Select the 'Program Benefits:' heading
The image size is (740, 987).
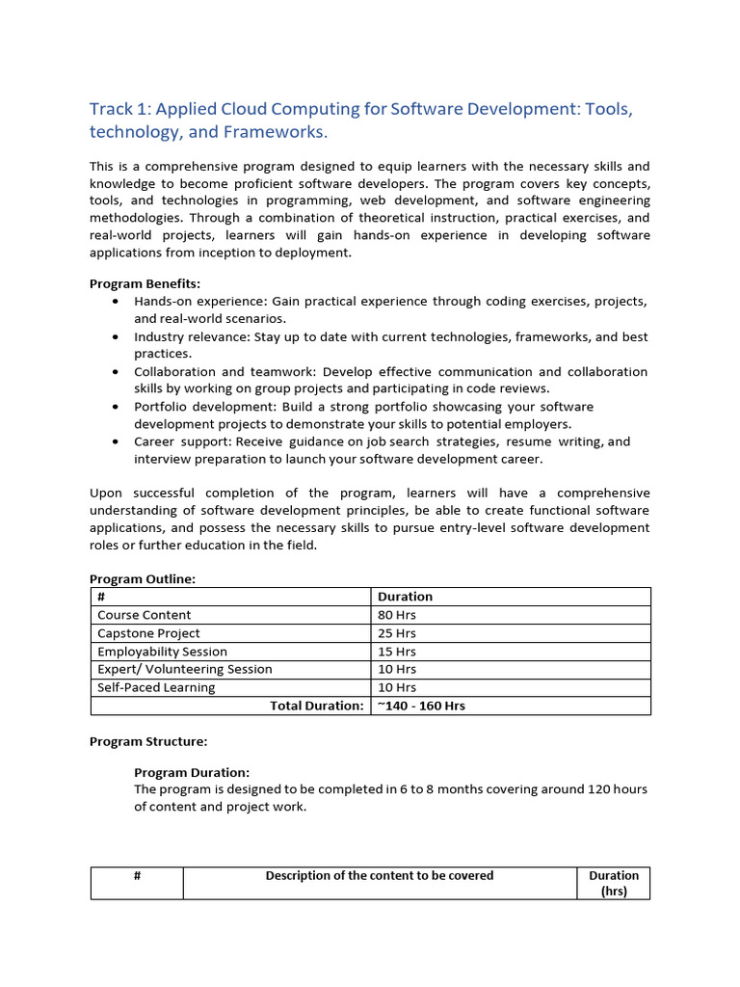coord(145,283)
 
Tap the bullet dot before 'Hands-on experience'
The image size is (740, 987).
coord(116,302)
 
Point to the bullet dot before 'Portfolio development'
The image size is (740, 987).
coord(116,407)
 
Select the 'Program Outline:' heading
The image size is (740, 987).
coord(142,578)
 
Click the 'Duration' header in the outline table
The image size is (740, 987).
coord(405,597)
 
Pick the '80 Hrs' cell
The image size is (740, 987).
coord(397,615)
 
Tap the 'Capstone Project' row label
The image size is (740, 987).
coord(148,633)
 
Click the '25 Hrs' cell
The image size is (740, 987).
coord(397,633)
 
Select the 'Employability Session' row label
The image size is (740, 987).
coord(162,652)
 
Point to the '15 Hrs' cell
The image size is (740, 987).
coord(397,652)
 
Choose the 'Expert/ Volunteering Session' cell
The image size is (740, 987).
coord(184,669)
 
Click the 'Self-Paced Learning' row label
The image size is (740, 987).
coord(156,687)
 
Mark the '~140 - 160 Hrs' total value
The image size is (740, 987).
coord(421,706)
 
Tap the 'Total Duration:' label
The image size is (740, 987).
coord(316,706)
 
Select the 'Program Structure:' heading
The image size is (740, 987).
coord(147,741)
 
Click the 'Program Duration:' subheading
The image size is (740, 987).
coord(191,772)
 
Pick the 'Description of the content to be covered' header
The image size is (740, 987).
coord(380,875)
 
